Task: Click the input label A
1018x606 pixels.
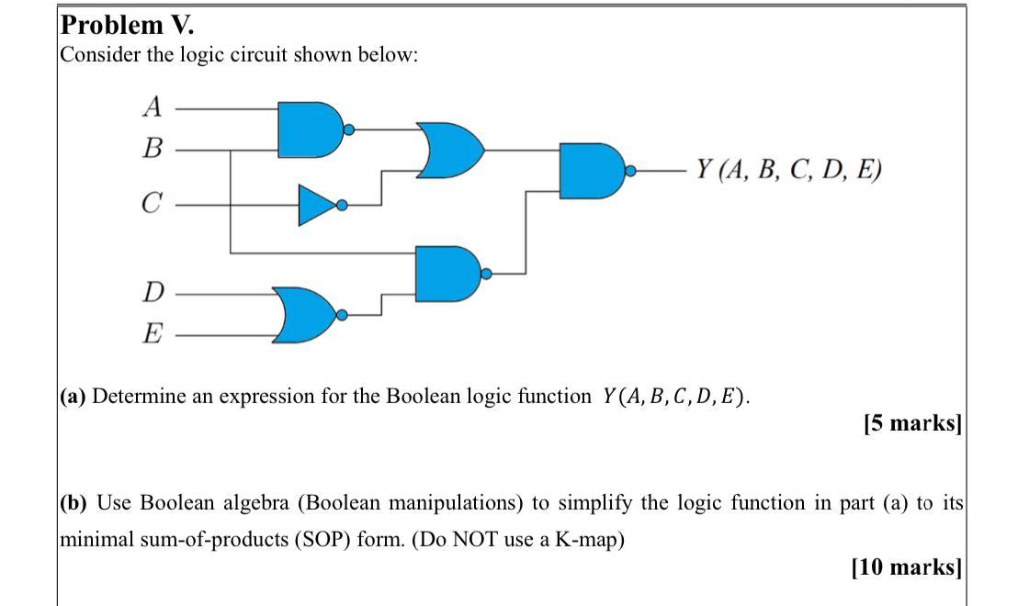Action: (x=153, y=107)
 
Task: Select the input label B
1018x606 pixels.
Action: (x=153, y=148)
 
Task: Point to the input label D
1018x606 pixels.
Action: (x=153, y=294)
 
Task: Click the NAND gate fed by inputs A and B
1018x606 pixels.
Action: (x=310, y=129)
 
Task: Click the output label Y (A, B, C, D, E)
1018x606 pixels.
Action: (x=788, y=170)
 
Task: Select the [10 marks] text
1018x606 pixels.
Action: (x=906, y=567)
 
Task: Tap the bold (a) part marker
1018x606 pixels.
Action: (x=74, y=397)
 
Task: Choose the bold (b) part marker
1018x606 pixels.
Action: (x=75, y=503)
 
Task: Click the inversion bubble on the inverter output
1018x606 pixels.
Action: (x=342, y=206)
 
